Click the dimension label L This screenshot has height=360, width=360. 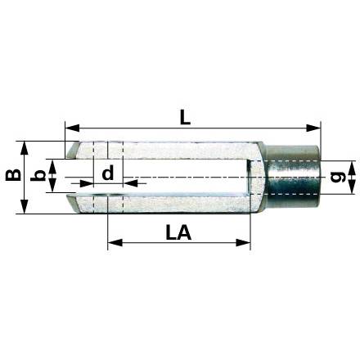point(186,118)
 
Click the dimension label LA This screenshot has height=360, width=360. point(178,233)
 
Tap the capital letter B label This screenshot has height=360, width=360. point(13,175)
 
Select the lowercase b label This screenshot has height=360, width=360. point(37,175)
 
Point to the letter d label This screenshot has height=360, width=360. point(108,173)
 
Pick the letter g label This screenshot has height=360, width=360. point(338,178)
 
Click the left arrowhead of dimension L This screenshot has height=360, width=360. point(72,128)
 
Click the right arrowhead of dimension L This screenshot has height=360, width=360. point(313,128)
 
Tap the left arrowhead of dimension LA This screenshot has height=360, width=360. point(115,242)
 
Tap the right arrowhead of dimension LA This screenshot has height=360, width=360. point(243,242)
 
